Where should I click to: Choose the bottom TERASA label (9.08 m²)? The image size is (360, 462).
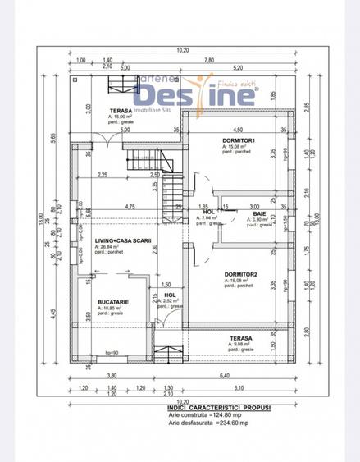[x=240, y=338]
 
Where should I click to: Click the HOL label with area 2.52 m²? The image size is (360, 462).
[x=170, y=295]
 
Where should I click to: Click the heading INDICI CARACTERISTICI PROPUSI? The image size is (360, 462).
[x=218, y=407]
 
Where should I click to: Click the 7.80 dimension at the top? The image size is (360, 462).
[x=209, y=60]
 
